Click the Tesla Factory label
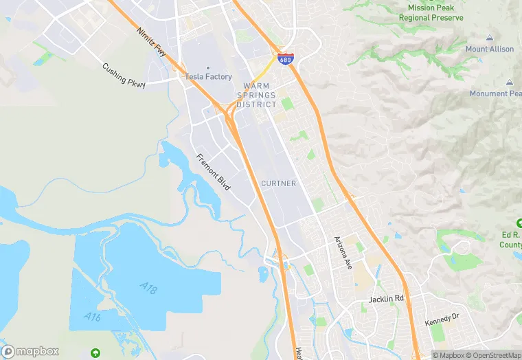[208, 77]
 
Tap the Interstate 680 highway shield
[284, 59]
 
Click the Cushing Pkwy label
[124, 76]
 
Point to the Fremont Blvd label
[213, 172]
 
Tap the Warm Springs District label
[256, 95]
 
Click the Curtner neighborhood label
[279, 183]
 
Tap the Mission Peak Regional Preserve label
[431, 12]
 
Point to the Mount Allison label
[490, 49]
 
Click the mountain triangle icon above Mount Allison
[490, 37]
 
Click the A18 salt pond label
[148, 288]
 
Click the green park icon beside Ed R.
[519, 224]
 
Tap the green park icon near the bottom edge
[95, 352]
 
